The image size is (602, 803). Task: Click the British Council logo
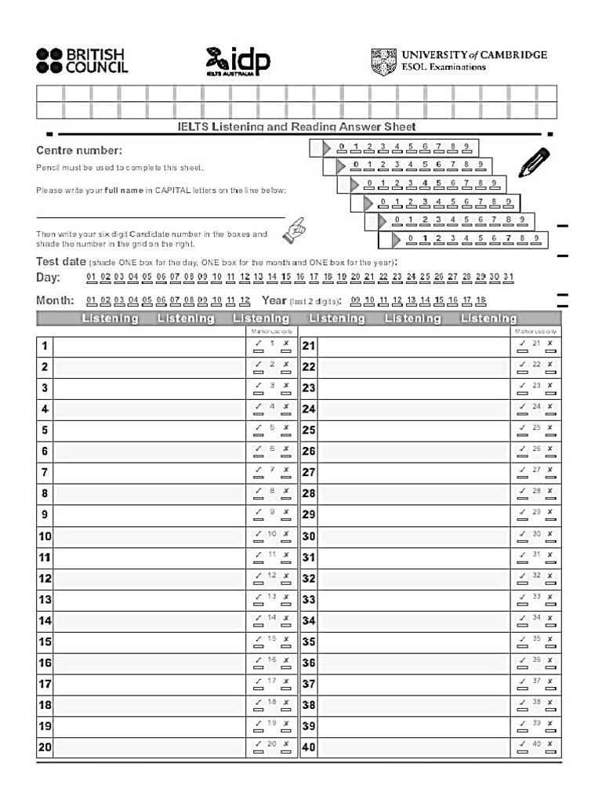coord(82,60)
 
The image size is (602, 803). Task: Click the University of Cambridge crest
coord(383,60)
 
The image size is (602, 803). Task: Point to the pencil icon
coord(535,162)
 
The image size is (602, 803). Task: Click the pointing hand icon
coord(297,229)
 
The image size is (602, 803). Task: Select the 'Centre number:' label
coord(79,151)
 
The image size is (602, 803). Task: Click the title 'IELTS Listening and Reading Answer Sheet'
coord(296,127)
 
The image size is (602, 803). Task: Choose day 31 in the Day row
coord(508,277)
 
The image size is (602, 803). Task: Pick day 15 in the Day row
coord(286,277)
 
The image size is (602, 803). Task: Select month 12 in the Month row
coord(245,300)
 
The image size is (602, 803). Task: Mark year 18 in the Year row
coord(481,300)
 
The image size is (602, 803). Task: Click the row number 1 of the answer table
coord(45,346)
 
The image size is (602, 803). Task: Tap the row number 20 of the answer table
coord(45,747)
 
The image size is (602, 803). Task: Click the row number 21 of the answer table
coord(309,346)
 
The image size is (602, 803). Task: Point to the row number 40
coord(309,747)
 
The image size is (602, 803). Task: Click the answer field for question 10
coord(149,536)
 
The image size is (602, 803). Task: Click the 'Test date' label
coord(61,261)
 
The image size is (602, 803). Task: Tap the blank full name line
coord(160,216)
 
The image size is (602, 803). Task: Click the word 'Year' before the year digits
coord(274,300)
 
